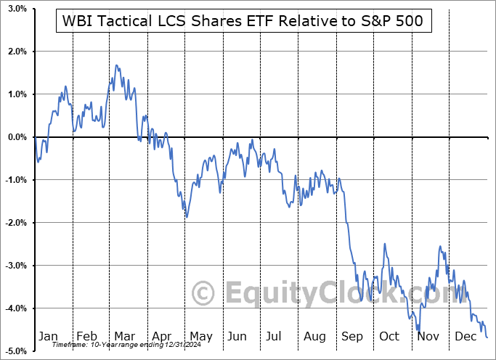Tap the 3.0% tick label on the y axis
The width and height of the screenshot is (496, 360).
(17, 9)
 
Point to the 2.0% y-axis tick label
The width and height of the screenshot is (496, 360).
(17, 52)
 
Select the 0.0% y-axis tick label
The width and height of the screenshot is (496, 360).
(17, 137)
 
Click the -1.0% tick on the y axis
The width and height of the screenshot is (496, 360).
(16, 180)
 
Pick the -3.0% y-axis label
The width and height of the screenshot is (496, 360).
(16, 266)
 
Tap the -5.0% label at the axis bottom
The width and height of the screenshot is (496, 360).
(16, 351)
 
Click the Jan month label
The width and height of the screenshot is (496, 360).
(49, 336)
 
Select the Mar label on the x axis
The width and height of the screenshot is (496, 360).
(124, 336)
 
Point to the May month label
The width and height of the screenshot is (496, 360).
(200, 336)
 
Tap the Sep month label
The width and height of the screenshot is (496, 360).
(351, 336)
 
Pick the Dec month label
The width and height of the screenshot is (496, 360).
(465, 336)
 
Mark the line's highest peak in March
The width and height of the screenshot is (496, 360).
(116, 65)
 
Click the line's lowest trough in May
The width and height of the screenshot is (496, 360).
(186, 217)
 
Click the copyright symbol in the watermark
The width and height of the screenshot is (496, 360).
(203, 294)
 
